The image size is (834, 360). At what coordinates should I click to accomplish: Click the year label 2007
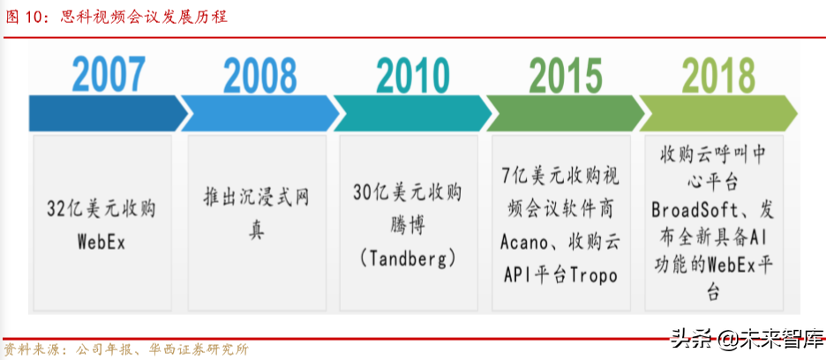click(108, 77)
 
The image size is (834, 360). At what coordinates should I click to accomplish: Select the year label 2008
click(259, 77)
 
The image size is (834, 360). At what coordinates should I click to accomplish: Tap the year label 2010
click(412, 77)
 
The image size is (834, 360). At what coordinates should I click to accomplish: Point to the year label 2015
click(566, 77)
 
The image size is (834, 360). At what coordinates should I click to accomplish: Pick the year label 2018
click(718, 77)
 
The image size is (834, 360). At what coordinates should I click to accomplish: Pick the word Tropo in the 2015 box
click(587, 274)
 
